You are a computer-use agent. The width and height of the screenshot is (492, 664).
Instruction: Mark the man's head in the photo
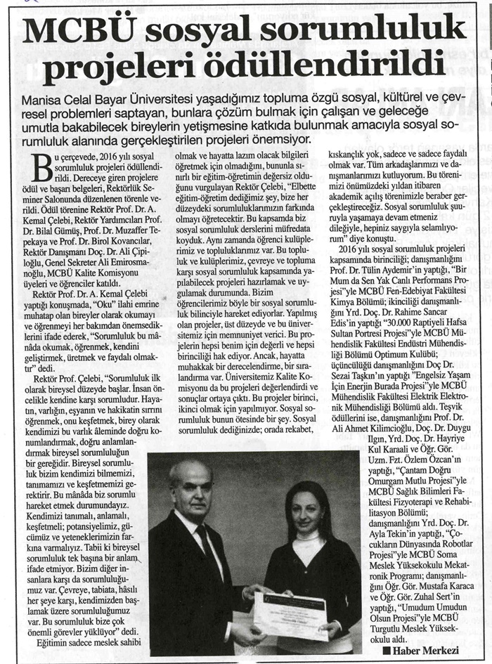[190, 485]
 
